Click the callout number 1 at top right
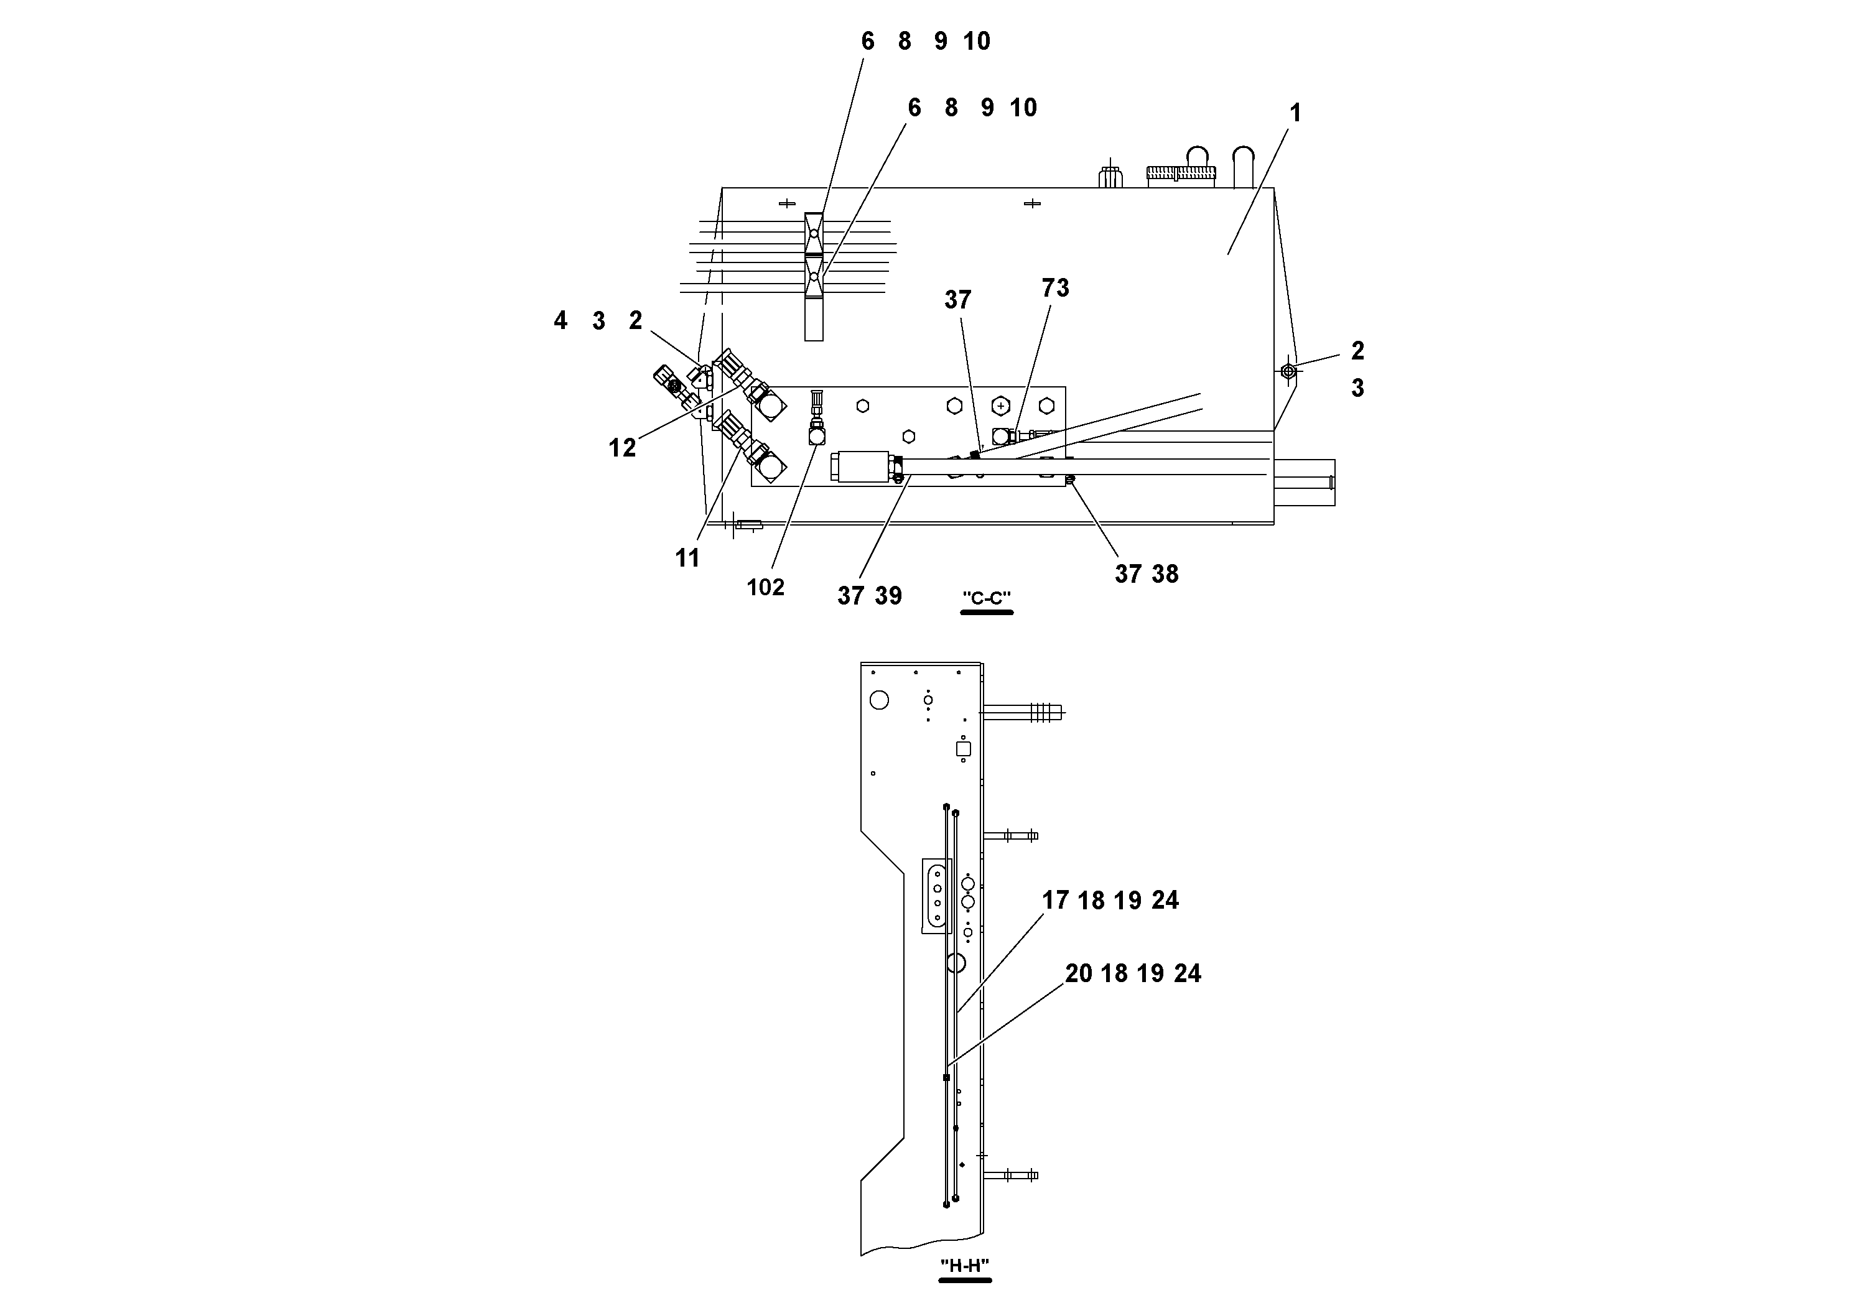1295,114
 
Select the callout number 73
1055,288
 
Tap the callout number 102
765,587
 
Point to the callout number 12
622,448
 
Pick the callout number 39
888,596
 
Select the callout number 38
1165,574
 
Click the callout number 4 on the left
561,321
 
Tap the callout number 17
1054,901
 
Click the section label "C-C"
987,598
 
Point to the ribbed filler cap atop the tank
1180,172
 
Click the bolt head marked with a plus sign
1001,406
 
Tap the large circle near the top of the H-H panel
879,699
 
